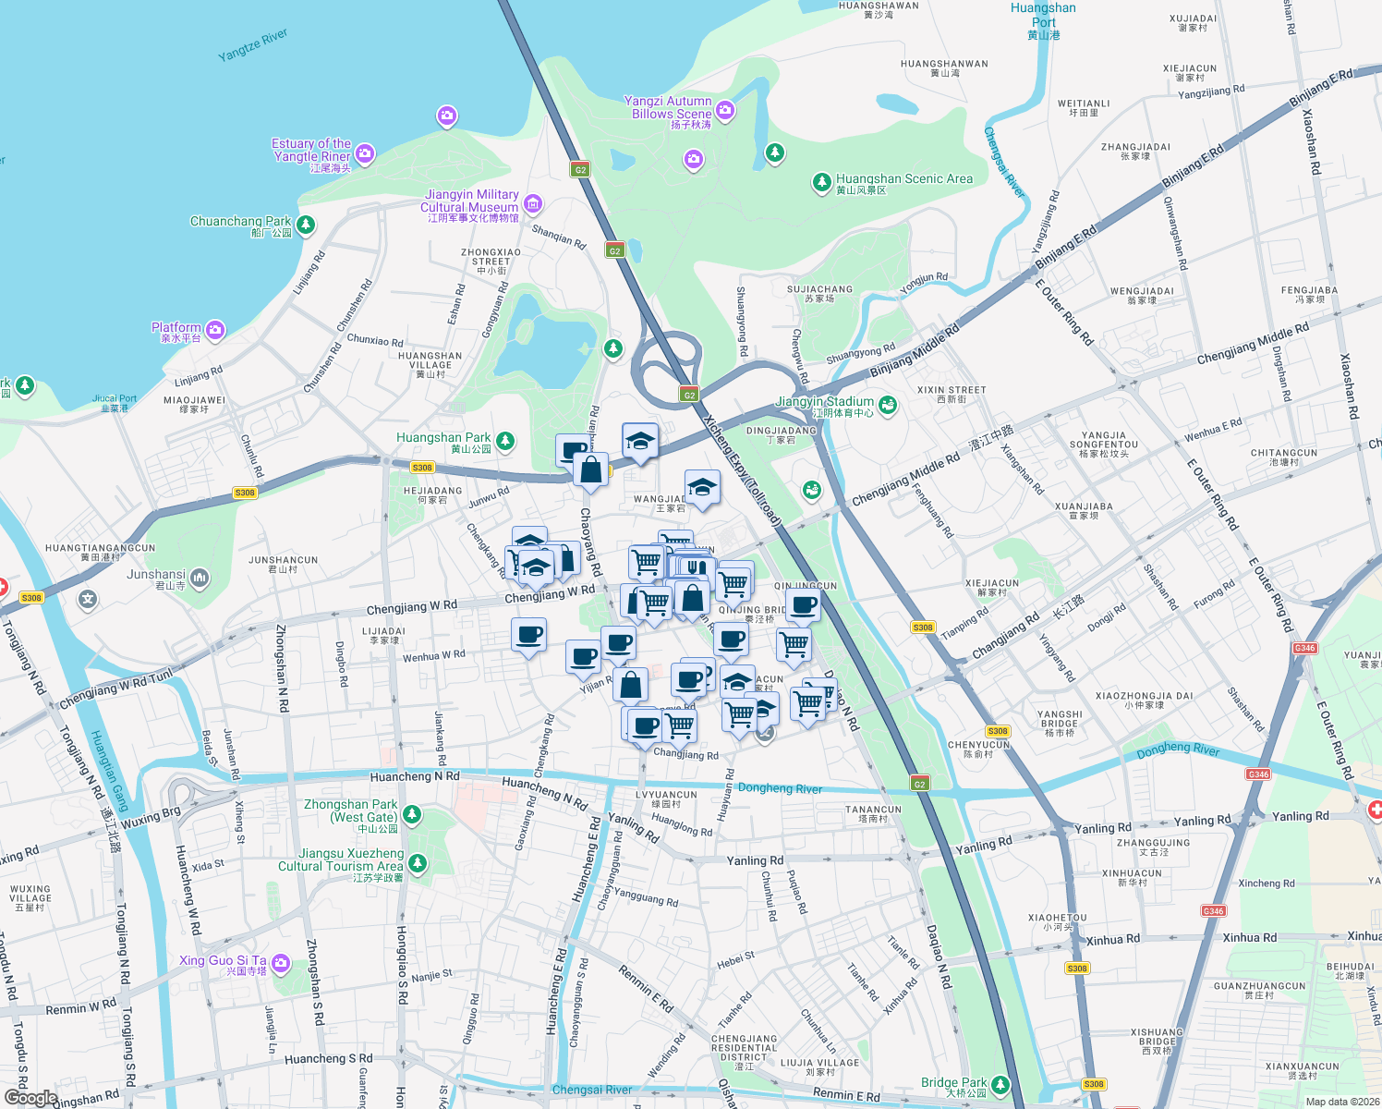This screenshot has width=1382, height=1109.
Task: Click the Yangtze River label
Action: coord(252,45)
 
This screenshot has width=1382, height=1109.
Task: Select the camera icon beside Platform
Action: coord(215,330)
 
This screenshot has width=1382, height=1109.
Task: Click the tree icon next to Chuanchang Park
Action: coord(306,225)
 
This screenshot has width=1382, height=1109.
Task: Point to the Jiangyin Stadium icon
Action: coord(888,404)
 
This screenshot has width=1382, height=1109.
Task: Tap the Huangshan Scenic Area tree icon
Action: coord(821,182)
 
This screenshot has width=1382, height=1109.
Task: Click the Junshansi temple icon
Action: coord(200,579)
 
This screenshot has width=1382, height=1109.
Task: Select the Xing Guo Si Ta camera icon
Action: coord(281,964)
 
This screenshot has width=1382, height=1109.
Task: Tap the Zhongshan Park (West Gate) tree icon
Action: coord(412,814)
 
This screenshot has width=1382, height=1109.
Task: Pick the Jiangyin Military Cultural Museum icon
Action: coord(533,203)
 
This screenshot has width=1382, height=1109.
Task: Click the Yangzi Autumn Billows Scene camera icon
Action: coord(725,111)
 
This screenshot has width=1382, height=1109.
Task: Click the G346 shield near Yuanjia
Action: coord(1304,648)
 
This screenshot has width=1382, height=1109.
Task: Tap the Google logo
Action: coord(30,1097)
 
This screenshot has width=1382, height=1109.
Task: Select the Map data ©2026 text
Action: coord(1339,1102)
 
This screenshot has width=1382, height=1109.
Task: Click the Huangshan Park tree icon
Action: coord(504,441)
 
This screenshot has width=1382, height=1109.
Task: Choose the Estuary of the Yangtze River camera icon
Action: coord(365,152)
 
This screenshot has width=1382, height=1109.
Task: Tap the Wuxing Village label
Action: coord(30,897)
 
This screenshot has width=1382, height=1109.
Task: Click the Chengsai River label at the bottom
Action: coord(591,1090)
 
